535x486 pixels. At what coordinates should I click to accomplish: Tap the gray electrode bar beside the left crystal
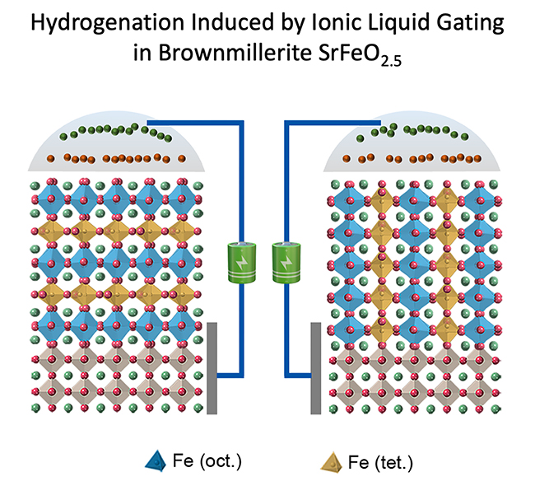point(211,367)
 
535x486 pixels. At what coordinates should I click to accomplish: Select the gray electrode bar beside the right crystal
point(315,367)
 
